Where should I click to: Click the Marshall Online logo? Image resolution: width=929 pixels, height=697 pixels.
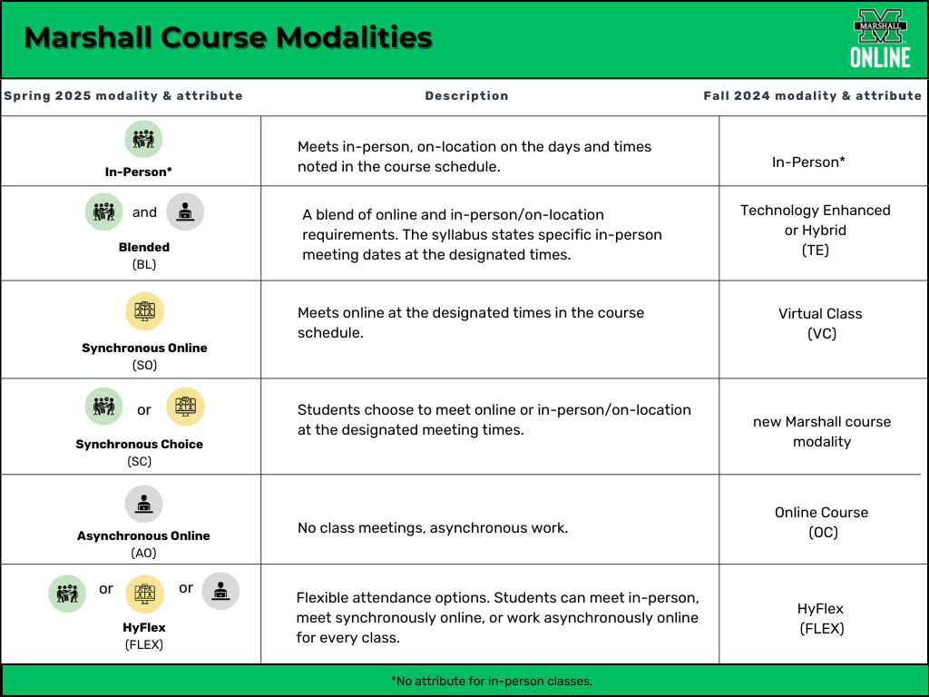click(x=880, y=38)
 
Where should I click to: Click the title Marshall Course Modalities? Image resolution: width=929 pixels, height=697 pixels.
click(x=228, y=37)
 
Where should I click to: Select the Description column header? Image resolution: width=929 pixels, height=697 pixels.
click(x=466, y=96)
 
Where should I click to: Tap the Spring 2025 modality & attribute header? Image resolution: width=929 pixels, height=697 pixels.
click(x=123, y=96)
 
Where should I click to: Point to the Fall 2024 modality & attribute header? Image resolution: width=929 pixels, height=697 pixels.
click(x=812, y=96)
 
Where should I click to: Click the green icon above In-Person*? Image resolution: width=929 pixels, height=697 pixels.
click(x=143, y=139)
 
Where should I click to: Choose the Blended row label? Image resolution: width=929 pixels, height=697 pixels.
click(x=144, y=247)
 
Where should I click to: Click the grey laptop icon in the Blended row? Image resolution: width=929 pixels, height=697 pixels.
click(x=185, y=211)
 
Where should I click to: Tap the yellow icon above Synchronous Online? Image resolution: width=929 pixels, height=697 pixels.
click(x=144, y=311)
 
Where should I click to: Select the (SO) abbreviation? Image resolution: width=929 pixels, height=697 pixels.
click(x=144, y=365)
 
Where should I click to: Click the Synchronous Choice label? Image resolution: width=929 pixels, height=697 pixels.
click(x=139, y=444)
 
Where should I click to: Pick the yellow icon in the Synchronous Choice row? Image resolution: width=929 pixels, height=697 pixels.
click(x=185, y=407)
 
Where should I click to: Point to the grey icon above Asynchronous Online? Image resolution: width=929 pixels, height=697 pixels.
click(x=143, y=504)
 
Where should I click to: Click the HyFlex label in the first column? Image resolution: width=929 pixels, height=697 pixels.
click(x=144, y=627)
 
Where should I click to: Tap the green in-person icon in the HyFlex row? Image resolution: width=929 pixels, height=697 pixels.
click(x=67, y=594)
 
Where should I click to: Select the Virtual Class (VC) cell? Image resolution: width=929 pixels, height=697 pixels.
click(x=820, y=324)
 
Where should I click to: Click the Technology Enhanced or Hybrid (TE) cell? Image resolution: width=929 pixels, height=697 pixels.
click(x=816, y=230)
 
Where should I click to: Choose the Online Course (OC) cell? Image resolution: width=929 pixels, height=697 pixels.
click(x=822, y=522)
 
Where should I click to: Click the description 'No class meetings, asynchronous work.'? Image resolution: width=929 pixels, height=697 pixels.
click(x=433, y=527)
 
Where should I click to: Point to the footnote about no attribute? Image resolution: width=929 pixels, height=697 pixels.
click(x=492, y=681)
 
